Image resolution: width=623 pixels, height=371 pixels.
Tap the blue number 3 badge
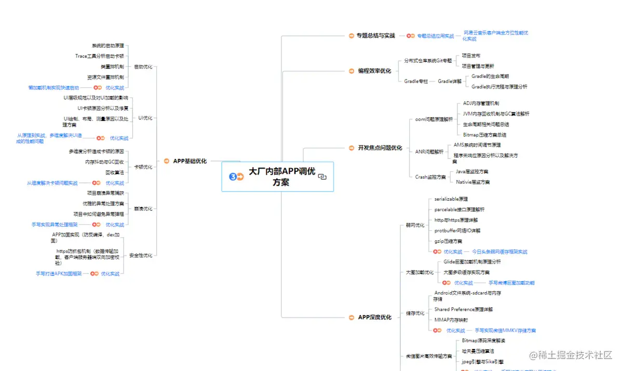pos(233,176)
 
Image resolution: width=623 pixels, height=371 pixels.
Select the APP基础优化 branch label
pos(189,161)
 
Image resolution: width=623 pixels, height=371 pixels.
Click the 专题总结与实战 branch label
pos(375,36)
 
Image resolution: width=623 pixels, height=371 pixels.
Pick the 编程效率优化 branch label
pos(374,71)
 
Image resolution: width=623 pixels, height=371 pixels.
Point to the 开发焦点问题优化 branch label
pos(380,148)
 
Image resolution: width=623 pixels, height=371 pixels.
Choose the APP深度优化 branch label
pos(374,317)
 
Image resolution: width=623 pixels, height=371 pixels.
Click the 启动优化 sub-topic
pos(143,66)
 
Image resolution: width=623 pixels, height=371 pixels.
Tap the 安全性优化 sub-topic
pos(141,255)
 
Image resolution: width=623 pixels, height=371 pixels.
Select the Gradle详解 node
pos(450,81)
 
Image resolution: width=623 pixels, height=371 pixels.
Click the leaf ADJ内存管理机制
pos(481,103)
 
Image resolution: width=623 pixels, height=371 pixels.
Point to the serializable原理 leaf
pos(451,199)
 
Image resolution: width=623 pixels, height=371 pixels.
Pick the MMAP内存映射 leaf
pos(451,320)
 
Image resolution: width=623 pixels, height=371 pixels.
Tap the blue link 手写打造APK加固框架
pos(59,273)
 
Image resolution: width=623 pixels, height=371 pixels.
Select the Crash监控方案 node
pos(430,177)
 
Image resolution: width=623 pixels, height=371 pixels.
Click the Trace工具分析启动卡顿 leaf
pos(100,56)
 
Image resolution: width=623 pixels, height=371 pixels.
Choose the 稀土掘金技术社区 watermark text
pos(571,355)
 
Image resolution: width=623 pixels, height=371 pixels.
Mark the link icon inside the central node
pos(322,177)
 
